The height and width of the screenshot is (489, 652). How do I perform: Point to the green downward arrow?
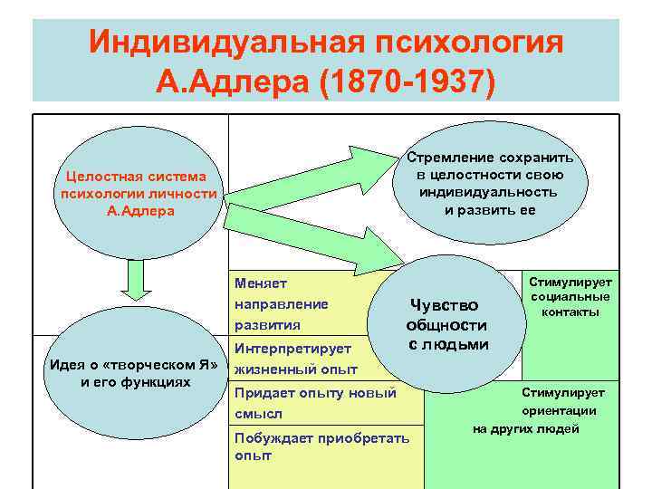click(134, 281)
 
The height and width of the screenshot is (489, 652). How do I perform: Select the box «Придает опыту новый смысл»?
click(315, 403)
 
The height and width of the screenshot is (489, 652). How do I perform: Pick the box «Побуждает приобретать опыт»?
click(321, 446)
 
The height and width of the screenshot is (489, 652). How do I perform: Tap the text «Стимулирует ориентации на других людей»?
click(543, 410)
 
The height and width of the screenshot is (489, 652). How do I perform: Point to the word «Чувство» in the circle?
click(444, 305)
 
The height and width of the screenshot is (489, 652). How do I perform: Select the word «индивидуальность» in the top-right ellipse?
click(488, 192)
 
